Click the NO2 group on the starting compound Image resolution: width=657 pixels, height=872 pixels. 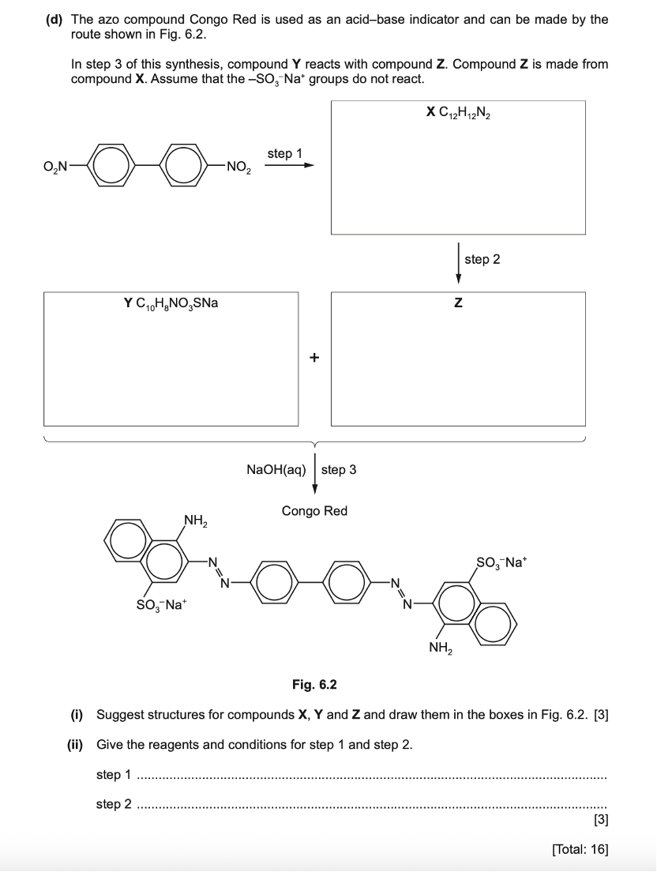(x=238, y=167)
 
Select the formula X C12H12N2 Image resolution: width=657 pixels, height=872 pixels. (x=458, y=113)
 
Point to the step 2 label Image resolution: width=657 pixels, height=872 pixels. (x=482, y=259)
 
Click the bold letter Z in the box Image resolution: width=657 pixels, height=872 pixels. (x=458, y=303)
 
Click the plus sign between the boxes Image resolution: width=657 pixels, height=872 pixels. (x=314, y=358)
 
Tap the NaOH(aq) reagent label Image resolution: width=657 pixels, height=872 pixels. (x=276, y=469)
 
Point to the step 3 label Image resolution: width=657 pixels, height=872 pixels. (x=339, y=469)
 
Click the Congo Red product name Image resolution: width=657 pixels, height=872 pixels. (x=314, y=511)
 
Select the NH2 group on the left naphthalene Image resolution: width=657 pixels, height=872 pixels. (x=195, y=520)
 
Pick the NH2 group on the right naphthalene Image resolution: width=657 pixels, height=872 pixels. (x=441, y=648)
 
